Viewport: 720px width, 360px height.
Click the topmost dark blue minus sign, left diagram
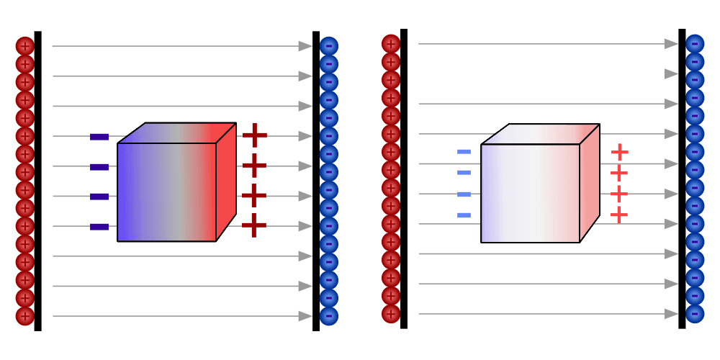pos(99,137)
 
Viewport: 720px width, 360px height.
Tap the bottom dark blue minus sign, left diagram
pos(99,227)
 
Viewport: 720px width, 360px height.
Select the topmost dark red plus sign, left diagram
pos(254,135)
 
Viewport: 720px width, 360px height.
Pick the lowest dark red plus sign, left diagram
pos(254,225)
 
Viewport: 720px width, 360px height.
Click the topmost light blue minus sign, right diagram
pos(464,151)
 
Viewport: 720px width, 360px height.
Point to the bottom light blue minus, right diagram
pos(464,215)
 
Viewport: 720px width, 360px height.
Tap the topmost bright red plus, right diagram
pos(619,152)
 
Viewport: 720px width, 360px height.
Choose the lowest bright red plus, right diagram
pos(619,215)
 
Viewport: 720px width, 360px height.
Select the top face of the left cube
pos(176,132)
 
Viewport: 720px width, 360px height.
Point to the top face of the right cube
pos(540,134)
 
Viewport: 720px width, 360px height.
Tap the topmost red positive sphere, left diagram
pos(24,46)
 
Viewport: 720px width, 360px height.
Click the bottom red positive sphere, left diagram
pos(24,316)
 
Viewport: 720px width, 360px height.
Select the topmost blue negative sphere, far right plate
pos(695,44)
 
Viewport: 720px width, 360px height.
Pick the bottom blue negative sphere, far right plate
pos(695,314)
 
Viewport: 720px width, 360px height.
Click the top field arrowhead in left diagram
pos(305,46)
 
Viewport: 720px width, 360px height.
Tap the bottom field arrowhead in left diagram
pos(305,316)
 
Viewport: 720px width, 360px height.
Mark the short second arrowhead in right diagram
pos(671,74)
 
